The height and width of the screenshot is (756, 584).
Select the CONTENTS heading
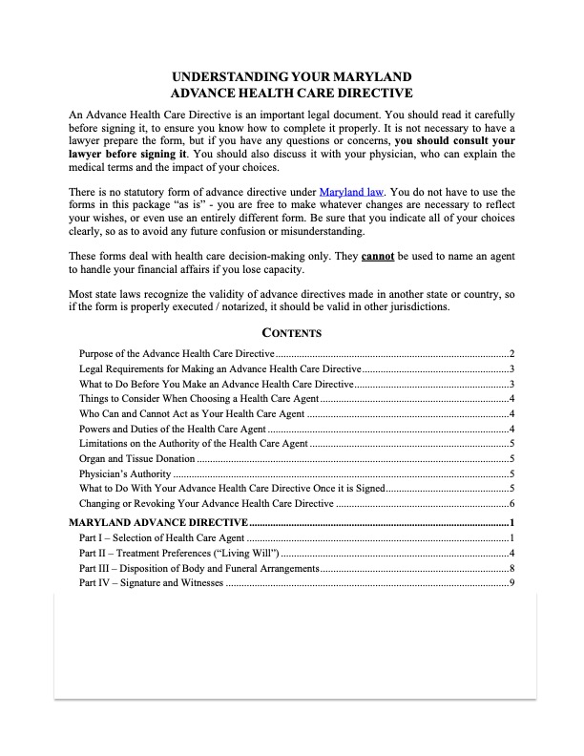(x=292, y=333)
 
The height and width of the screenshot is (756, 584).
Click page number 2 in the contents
(x=512, y=354)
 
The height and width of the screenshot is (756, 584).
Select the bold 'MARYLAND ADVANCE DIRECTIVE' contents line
(x=158, y=523)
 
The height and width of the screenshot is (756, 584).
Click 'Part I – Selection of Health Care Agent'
(x=161, y=539)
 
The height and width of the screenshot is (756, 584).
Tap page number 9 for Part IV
(x=512, y=583)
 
